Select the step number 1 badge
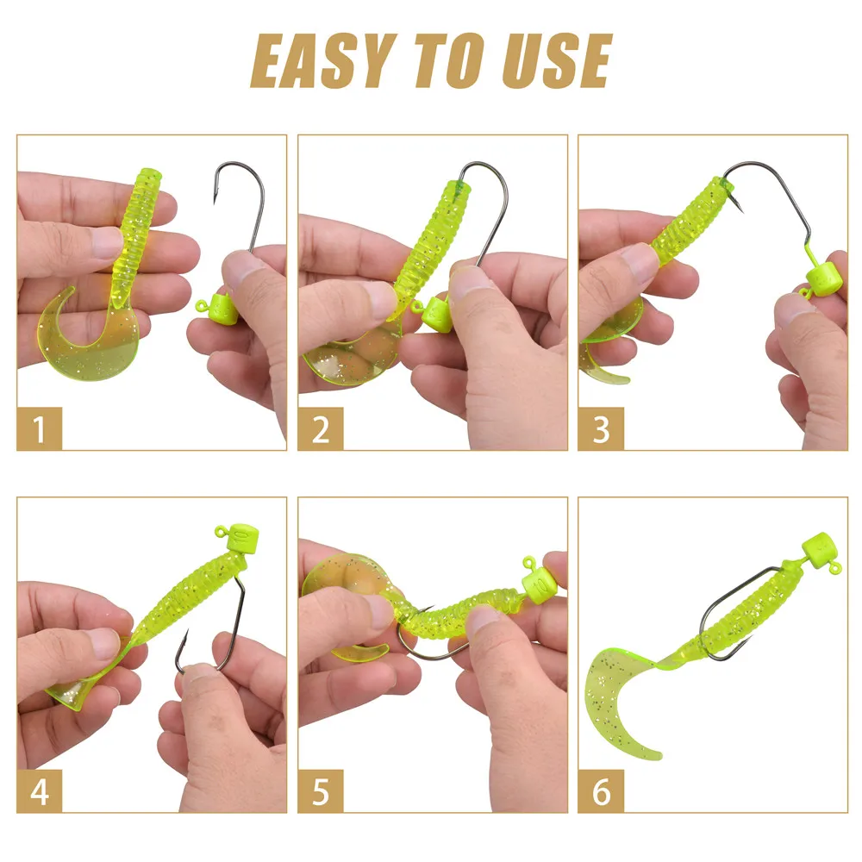40,428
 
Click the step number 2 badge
321,428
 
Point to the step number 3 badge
601,428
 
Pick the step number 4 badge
40,791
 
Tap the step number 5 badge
321,791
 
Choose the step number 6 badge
601,791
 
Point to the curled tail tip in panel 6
656,755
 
